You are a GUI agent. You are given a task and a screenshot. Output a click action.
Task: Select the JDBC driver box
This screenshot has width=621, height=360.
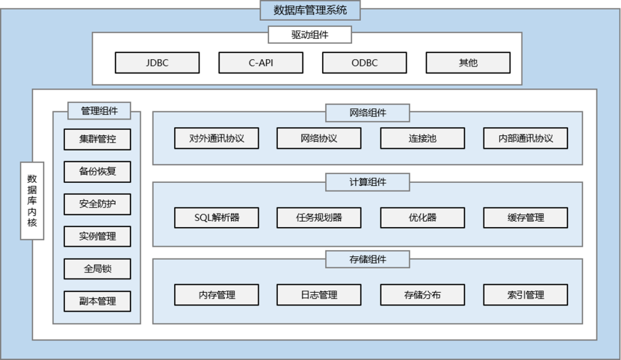[157, 63]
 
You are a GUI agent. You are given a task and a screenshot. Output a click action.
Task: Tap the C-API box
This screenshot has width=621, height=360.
[260, 63]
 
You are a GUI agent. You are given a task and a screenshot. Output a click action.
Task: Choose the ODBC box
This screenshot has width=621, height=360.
[364, 63]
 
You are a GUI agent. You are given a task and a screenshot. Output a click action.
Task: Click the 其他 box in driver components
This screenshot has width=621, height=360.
[467, 63]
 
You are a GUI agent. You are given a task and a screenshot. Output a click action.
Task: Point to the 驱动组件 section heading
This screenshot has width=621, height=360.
[309, 35]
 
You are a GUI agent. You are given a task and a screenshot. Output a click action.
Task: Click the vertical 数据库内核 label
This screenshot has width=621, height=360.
[32, 201]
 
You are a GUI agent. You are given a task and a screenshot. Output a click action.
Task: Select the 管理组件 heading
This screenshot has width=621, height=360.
[99, 111]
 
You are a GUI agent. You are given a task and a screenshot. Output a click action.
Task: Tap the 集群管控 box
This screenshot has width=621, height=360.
[97, 139]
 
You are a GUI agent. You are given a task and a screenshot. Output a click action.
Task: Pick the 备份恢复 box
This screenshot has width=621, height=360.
[97, 171]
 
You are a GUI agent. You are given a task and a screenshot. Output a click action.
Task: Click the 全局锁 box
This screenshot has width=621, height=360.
[97, 269]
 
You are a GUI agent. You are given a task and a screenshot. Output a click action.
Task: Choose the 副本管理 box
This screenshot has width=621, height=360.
[97, 301]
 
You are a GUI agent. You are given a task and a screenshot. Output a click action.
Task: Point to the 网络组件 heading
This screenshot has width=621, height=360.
[367, 113]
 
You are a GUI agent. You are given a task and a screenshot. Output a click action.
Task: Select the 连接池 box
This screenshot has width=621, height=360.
[422, 139]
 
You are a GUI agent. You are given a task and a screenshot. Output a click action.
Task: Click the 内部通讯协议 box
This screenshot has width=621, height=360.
[525, 139]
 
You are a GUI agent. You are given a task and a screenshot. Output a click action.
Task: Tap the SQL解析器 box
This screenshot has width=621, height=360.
[216, 218]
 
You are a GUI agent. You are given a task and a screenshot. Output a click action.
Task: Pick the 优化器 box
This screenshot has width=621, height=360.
[422, 218]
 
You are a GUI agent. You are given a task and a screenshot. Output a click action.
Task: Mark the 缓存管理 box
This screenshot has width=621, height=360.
[525, 218]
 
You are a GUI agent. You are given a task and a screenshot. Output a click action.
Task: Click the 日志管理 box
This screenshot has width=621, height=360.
[319, 295]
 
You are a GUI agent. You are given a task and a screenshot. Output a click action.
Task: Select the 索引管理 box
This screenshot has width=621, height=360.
[525, 295]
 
